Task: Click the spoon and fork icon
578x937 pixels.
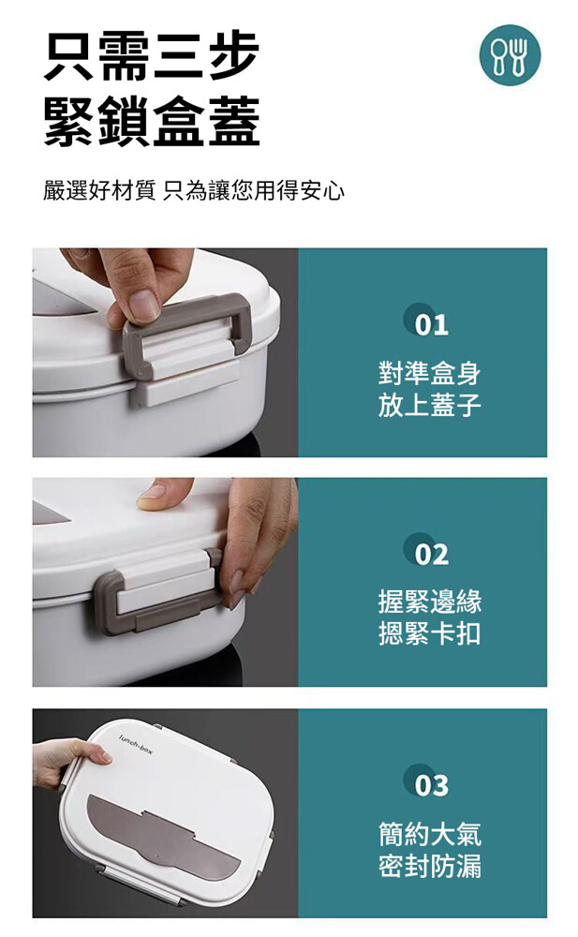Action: click(x=510, y=55)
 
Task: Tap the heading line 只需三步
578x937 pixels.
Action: click(x=152, y=56)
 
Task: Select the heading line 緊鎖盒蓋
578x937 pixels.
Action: click(x=152, y=122)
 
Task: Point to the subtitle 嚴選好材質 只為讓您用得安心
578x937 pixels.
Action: click(x=194, y=190)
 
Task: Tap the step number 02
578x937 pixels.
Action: click(x=431, y=555)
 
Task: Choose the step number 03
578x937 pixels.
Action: click(x=431, y=785)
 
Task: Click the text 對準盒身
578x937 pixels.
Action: click(x=429, y=373)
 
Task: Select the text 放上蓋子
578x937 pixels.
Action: click(x=429, y=405)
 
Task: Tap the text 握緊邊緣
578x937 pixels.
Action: click(x=429, y=602)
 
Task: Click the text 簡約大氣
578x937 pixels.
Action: click(x=429, y=834)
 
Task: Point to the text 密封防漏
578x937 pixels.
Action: click(x=429, y=866)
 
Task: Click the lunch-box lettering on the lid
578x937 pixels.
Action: click(x=136, y=743)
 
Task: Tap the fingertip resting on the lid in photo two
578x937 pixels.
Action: click(x=155, y=496)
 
